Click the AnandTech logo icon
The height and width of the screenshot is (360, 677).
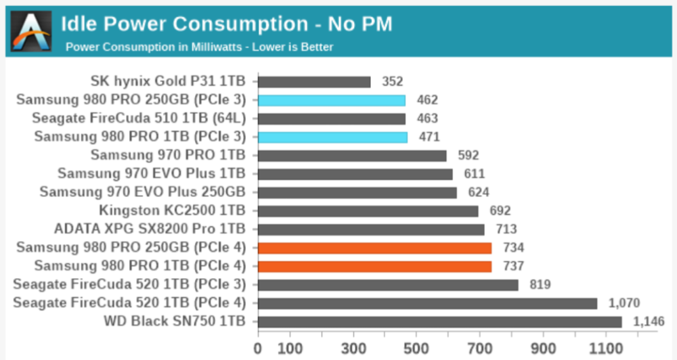click(x=31, y=32)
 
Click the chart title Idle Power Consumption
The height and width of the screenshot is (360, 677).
click(x=185, y=24)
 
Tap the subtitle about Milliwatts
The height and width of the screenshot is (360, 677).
click(x=199, y=47)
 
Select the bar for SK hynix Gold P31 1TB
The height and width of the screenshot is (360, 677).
click(x=314, y=82)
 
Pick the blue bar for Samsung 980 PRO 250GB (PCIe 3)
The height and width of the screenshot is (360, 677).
click(x=332, y=101)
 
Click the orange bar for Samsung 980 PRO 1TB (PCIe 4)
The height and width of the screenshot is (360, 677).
click(x=375, y=267)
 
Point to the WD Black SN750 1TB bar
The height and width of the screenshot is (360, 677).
click(x=440, y=322)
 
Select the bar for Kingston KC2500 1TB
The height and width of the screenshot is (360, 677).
click(x=368, y=211)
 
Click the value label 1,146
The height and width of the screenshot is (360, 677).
click(x=649, y=321)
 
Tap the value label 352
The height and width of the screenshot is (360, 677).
click(x=392, y=82)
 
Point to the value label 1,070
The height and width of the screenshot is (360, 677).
click(x=624, y=303)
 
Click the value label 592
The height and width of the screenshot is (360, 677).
click(x=468, y=156)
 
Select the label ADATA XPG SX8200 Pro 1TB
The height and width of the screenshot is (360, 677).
click(x=150, y=229)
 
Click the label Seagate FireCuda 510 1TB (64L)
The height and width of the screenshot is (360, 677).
click(x=139, y=118)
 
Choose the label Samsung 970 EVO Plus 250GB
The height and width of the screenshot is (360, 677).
click(x=142, y=192)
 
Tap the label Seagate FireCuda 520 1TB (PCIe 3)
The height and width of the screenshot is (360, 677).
click(x=129, y=284)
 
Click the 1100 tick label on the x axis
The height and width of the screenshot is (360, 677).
click(x=606, y=348)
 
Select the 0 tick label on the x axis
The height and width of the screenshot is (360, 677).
click(x=258, y=348)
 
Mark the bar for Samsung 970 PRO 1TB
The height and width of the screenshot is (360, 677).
click(x=352, y=156)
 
